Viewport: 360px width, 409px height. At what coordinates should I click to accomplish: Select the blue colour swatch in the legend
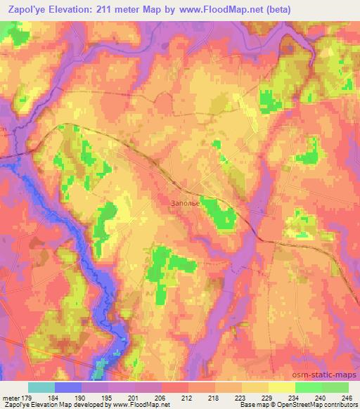pos(67,387)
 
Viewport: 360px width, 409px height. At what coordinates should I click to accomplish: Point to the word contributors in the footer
pos(337,405)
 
